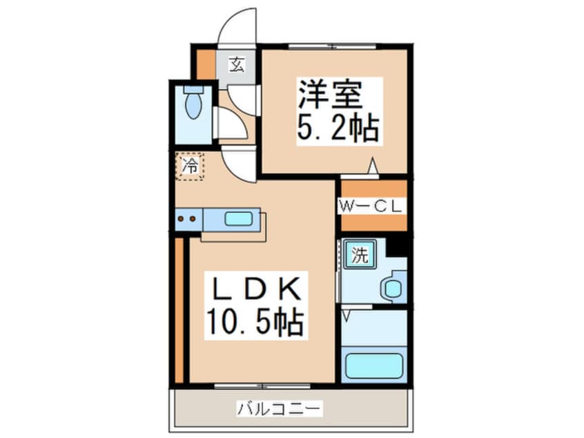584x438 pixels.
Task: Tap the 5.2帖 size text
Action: click(x=338, y=128)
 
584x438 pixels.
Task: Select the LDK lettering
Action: click(x=257, y=289)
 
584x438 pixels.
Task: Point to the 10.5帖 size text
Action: click(x=255, y=323)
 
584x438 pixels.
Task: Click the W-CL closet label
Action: click(x=371, y=206)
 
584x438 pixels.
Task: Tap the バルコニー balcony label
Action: click(x=279, y=409)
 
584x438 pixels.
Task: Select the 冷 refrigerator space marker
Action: click(x=190, y=166)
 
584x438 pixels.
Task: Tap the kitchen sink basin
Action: click(x=238, y=218)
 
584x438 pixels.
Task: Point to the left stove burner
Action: click(x=181, y=219)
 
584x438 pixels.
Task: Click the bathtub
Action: click(x=374, y=366)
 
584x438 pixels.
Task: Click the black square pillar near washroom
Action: click(x=398, y=246)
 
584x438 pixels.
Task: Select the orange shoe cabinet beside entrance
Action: click(x=206, y=64)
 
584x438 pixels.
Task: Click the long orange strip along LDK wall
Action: click(x=179, y=310)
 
